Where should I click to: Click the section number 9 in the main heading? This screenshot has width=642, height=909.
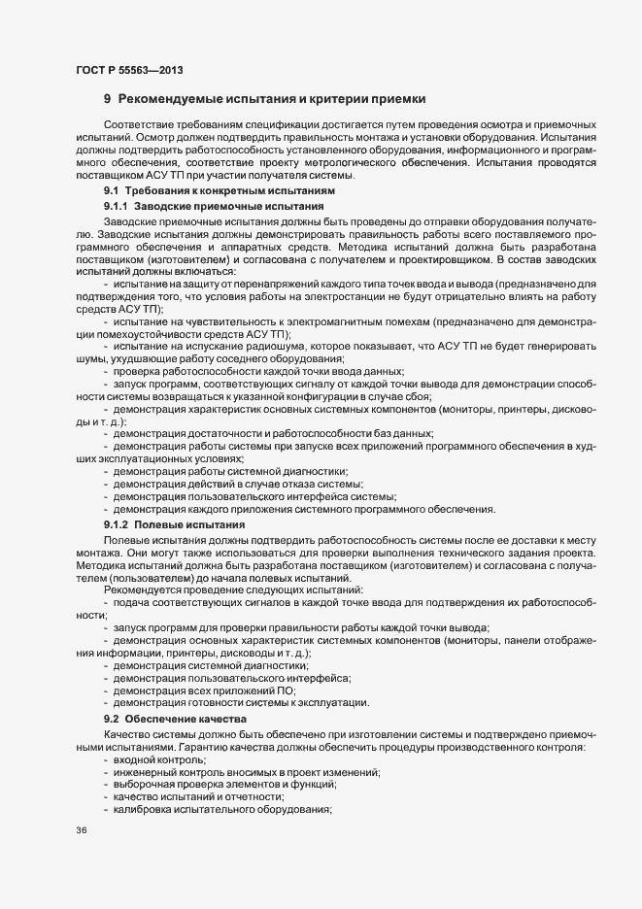click(107, 100)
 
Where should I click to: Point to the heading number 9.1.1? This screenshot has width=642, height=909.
click(116, 210)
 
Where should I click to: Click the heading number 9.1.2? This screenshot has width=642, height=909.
click(116, 523)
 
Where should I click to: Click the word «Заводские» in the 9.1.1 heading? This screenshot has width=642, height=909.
click(159, 210)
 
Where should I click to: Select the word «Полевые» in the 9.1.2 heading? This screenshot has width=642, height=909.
click(154, 523)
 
